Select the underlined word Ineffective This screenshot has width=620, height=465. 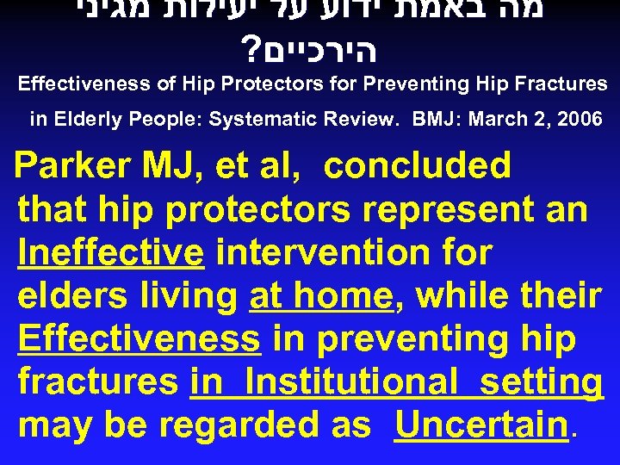pyautogui.click(x=110, y=253)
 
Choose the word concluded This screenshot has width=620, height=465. pyautogui.click(x=418, y=165)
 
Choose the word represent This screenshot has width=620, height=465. pyautogui.click(x=417, y=209)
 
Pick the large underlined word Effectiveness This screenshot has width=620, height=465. pyautogui.click(x=139, y=339)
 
